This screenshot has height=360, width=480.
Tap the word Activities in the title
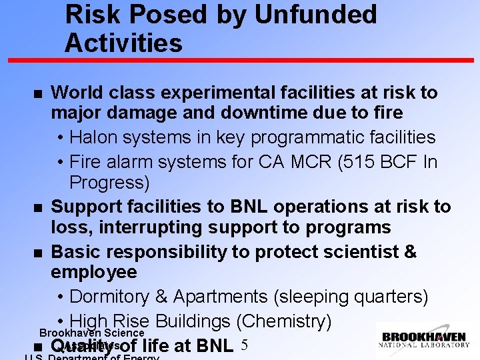pyautogui.click(x=123, y=43)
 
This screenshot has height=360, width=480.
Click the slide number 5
pyautogui.click(x=244, y=345)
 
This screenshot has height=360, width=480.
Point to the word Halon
pyautogui.click(x=93, y=137)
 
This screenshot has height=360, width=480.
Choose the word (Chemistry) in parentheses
pyautogui.click(x=283, y=321)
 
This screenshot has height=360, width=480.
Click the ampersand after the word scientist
pyautogui.click(x=410, y=252)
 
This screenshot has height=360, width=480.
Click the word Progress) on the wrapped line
pyautogui.click(x=109, y=182)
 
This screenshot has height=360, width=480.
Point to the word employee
pyautogui.click(x=94, y=272)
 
